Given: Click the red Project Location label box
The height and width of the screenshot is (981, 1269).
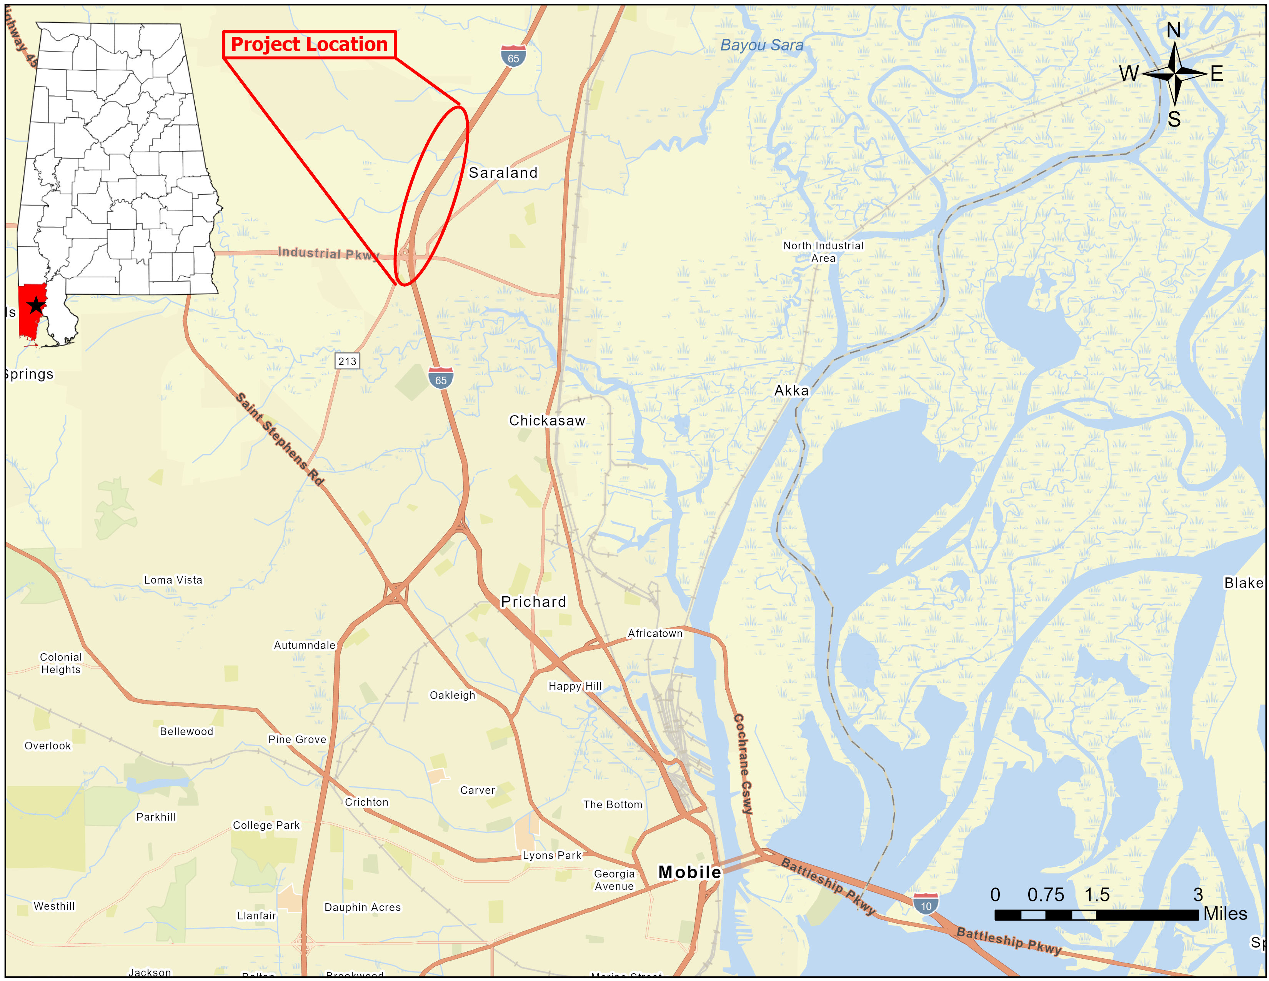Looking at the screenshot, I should (309, 45).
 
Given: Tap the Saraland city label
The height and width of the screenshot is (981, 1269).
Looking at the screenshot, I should (503, 173).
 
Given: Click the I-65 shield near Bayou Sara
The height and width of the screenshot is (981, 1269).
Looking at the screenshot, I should (513, 57).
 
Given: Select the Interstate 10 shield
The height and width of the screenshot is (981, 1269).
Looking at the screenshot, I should (926, 904).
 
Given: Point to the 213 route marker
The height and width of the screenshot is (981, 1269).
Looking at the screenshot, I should (348, 361).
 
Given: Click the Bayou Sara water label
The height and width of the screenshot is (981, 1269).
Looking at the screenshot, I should (762, 45).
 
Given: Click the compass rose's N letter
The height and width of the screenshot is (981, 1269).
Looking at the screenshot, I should (1174, 30).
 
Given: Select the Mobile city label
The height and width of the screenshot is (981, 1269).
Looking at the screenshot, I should (690, 873).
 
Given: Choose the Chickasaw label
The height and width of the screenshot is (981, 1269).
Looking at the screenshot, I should (547, 420).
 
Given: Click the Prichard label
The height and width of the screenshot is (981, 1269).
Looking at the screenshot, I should (533, 602).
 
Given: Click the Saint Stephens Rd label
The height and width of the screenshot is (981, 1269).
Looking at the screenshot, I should (280, 439).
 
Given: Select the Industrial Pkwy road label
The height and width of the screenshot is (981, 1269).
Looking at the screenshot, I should (328, 254).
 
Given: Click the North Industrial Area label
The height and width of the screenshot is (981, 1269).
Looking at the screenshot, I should (823, 252).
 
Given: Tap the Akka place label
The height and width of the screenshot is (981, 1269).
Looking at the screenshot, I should (791, 390).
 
